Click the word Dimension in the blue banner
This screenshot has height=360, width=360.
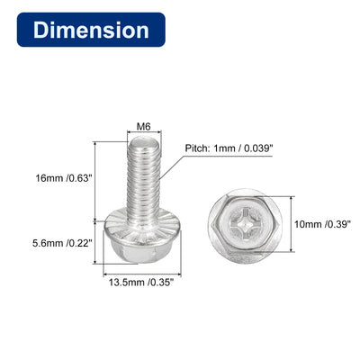click(x=91, y=30)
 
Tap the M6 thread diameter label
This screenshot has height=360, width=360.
click(x=143, y=127)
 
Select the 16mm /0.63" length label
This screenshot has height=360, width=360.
click(x=63, y=178)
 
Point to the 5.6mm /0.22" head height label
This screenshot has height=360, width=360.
click(x=62, y=243)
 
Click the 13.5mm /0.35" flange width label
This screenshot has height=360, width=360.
click(x=141, y=282)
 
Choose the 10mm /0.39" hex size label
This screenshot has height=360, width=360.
click(x=322, y=224)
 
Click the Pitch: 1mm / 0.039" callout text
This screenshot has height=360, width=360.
click(x=229, y=148)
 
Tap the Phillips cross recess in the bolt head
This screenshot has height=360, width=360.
click(x=246, y=224)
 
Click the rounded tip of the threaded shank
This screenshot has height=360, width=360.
click(x=144, y=140)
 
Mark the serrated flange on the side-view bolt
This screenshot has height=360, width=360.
click(x=143, y=223)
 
